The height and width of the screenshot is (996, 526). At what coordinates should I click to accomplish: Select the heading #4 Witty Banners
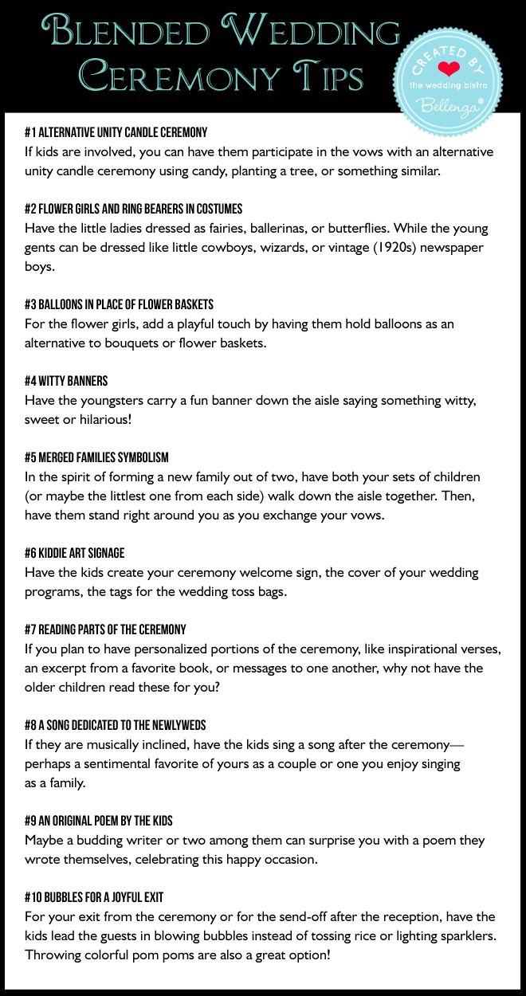[66, 381]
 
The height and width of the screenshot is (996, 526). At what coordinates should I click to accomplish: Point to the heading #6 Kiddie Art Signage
[75, 553]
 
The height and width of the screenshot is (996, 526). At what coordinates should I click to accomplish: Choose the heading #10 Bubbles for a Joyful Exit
[94, 897]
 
